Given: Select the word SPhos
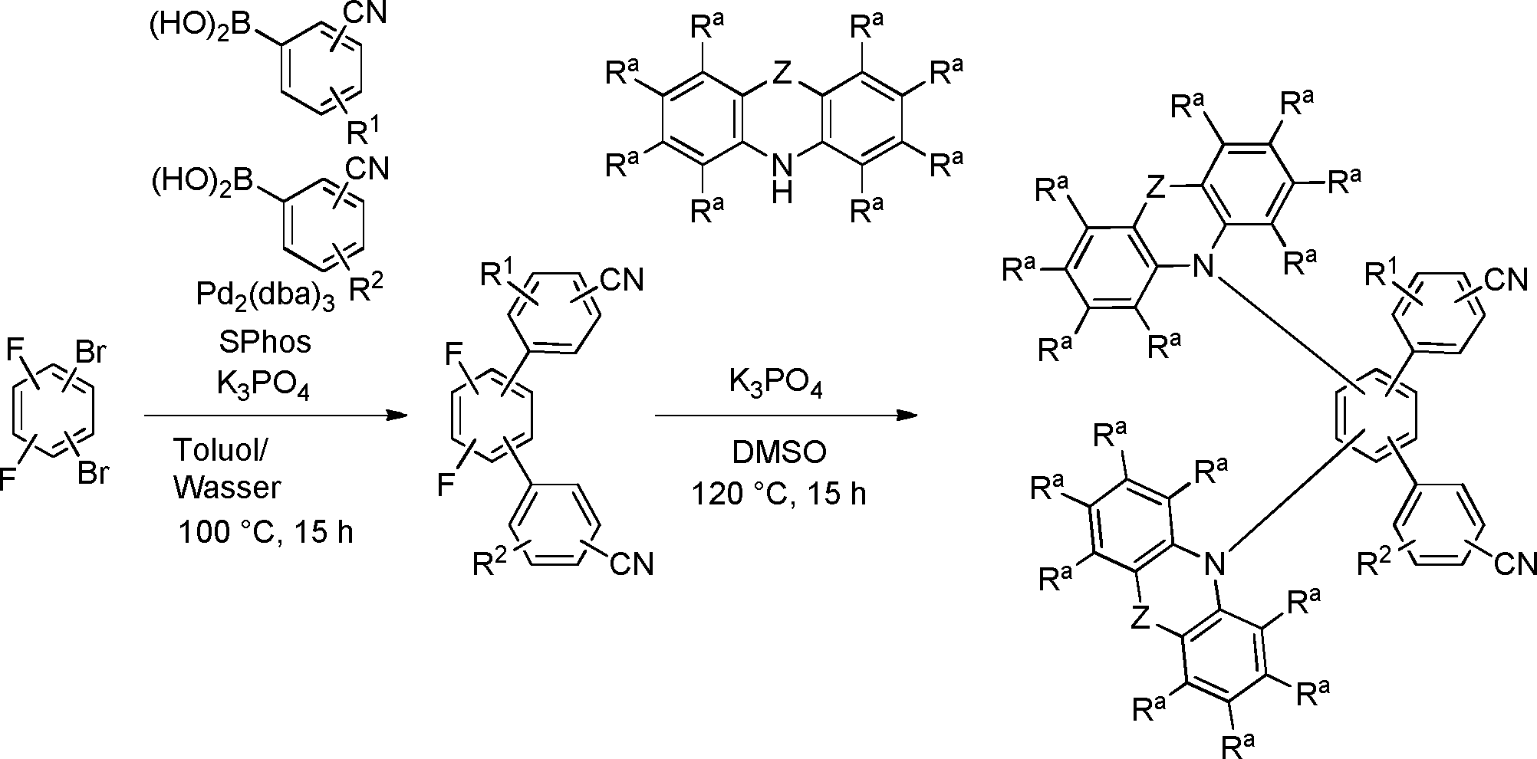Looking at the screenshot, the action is click(x=265, y=342).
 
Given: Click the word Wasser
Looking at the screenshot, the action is click(x=227, y=488).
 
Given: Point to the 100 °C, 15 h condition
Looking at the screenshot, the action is click(x=265, y=531).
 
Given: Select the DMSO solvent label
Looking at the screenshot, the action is click(x=779, y=452).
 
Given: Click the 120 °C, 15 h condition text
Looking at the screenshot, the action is click(x=779, y=494).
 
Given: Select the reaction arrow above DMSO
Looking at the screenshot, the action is click(x=786, y=416).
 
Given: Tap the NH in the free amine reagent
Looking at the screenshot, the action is click(x=782, y=176).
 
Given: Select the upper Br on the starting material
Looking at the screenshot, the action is click(x=91, y=353).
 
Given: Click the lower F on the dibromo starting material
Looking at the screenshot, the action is click(x=9, y=480).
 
